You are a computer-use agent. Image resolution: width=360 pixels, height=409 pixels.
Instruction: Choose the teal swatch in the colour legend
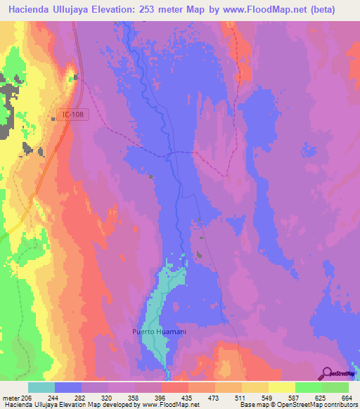pos(41,387)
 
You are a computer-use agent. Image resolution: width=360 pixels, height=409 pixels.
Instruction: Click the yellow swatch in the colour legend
pos(282,387)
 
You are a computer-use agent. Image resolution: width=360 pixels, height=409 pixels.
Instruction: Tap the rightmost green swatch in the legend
pos(335,387)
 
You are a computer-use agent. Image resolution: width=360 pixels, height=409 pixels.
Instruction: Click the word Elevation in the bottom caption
pos(76,404)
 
